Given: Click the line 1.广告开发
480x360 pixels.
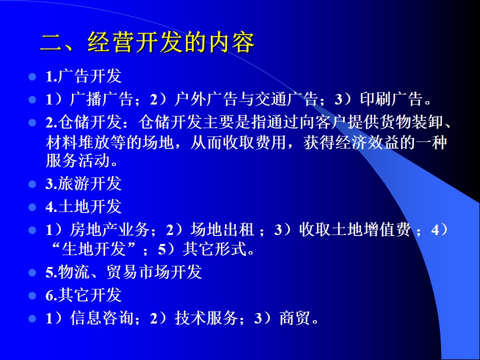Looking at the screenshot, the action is (83, 76).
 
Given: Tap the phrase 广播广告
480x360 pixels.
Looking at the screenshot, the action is (101, 99).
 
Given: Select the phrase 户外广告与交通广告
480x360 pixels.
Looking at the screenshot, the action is (246, 99).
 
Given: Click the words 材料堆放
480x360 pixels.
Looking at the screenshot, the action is (77, 142).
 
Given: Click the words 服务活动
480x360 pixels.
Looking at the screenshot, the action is (77, 160).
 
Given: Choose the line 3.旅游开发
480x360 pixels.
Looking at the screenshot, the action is (83, 183).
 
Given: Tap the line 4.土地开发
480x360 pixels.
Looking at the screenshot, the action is (83, 206).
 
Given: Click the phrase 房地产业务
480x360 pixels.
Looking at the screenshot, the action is (109, 230).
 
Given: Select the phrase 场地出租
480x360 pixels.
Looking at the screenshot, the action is (222, 230).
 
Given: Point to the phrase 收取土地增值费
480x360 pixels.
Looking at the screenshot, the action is (355, 230).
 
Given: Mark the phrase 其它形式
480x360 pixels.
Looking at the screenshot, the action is (214, 248).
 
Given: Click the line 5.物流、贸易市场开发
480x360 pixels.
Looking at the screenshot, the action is (123, 272).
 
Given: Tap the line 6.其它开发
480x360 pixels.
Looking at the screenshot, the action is (83, 295).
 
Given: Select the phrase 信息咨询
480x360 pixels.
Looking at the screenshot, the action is (101, 318).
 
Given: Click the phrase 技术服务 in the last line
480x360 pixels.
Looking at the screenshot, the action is (206, 318).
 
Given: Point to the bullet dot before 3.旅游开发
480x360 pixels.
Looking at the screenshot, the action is (32, 184).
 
